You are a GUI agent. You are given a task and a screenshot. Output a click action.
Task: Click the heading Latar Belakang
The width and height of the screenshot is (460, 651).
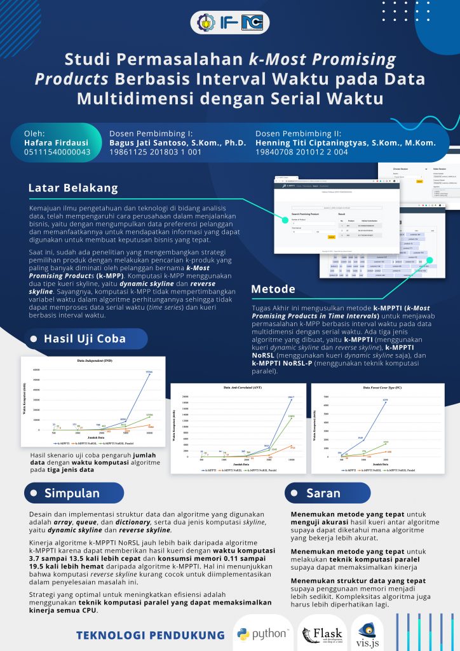(73, 188)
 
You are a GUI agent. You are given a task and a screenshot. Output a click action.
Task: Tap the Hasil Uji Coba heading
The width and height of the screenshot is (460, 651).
(85, 338)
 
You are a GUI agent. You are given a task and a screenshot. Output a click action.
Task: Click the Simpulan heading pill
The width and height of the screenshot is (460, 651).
(72, 493)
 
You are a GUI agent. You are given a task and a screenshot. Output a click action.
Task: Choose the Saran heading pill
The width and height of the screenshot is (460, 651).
(323, 493)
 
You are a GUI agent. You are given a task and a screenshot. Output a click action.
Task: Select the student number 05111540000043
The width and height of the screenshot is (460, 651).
(57, 153)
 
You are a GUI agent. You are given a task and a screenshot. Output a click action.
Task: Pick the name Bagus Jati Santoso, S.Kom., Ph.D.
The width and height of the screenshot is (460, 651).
(177, 143)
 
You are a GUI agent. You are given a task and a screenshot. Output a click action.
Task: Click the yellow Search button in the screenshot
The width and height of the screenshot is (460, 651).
(332, 236)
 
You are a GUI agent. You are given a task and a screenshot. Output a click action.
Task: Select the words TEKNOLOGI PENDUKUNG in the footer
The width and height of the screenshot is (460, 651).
(151, 635)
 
